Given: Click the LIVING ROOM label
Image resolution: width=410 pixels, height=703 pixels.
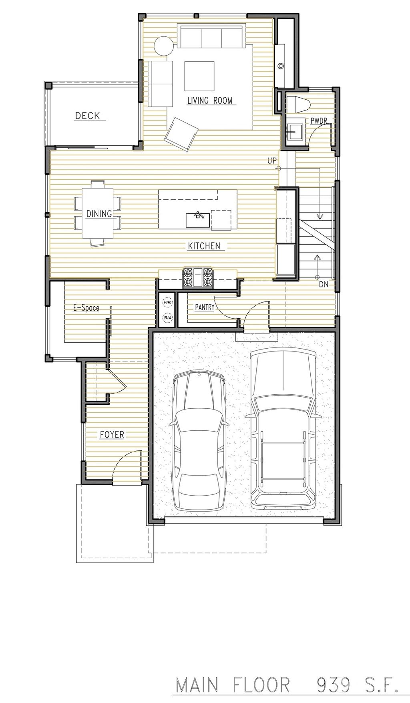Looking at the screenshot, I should [210, 100].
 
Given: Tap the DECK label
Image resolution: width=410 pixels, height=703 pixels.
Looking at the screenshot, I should [88, 116].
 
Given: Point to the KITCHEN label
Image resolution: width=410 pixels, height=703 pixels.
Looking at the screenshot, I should [204, 246].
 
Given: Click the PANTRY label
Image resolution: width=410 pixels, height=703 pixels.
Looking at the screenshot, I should [205, 308].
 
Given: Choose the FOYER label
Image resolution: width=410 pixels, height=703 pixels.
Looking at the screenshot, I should [112, 434].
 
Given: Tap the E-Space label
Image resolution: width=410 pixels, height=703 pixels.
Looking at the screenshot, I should [86, 308].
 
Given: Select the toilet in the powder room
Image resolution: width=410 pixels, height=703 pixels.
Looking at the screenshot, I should [301, 105].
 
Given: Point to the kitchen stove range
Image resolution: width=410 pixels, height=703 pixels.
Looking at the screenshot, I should [197, 277].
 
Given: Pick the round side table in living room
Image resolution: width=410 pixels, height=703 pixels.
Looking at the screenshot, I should [164, 46].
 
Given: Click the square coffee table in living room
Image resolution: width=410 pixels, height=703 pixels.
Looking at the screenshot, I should [199, 76].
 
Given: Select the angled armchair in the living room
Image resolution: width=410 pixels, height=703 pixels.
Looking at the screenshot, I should [182, 134].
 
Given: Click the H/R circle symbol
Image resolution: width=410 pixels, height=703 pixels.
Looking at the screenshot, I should [167, 303].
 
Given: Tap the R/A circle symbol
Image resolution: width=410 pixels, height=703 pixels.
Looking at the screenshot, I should [167, 318].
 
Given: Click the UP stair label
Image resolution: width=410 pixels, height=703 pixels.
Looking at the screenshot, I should [272, 161].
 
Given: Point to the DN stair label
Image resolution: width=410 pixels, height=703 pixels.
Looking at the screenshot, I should [324, 284].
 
